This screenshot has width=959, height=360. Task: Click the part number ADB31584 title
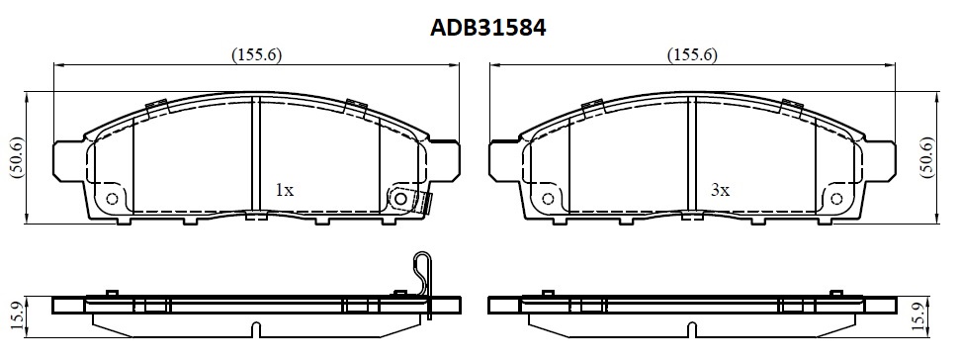[487, 28]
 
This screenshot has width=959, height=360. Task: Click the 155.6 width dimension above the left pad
[256, 54]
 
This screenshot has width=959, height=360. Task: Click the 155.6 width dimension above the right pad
[692, 54]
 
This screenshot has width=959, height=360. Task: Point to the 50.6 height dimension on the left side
[17, 158]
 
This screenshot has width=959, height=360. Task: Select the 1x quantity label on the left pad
[285, 191]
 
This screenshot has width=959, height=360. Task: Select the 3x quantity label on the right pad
[721, 191]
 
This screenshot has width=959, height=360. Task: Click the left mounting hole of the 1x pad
[112, 199]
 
